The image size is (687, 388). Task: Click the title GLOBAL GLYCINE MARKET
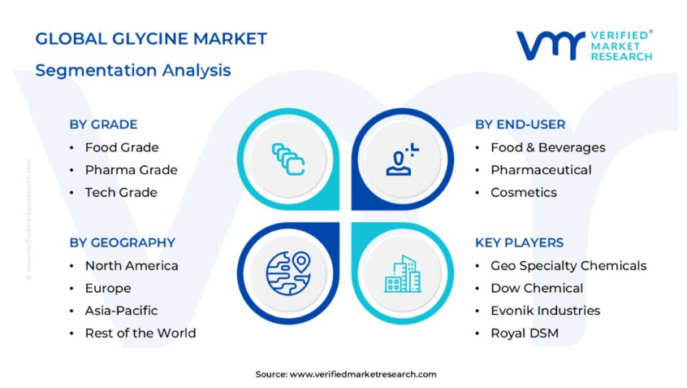coord(151,38)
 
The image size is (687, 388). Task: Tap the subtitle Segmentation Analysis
coord(132,71)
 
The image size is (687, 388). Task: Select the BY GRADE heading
coord(103,124)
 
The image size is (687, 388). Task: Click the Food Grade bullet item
coord(122,147)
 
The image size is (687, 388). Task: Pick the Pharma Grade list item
coord(131,170)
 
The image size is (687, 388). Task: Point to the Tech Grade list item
coord(121,192)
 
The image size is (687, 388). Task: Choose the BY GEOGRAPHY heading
coord(123,242)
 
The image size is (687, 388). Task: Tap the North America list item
coord(132,265)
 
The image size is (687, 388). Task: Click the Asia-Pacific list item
coord(121,310)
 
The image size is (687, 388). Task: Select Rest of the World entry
coord(140,334)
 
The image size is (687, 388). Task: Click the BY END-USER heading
coord(520,124)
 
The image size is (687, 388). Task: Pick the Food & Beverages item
coord(548,147)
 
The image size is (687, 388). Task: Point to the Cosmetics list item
coord(524,192)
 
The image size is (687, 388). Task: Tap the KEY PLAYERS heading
coord(519,242)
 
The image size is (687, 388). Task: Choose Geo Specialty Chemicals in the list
coord(568,265)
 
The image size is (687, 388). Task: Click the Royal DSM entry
coord(525,334)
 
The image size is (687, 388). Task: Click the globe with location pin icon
coord(288,273)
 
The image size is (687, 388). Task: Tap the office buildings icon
coord(403,274)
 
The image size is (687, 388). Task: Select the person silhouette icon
coord(402,159)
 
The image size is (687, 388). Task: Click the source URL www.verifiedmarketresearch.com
coord(363,374)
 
